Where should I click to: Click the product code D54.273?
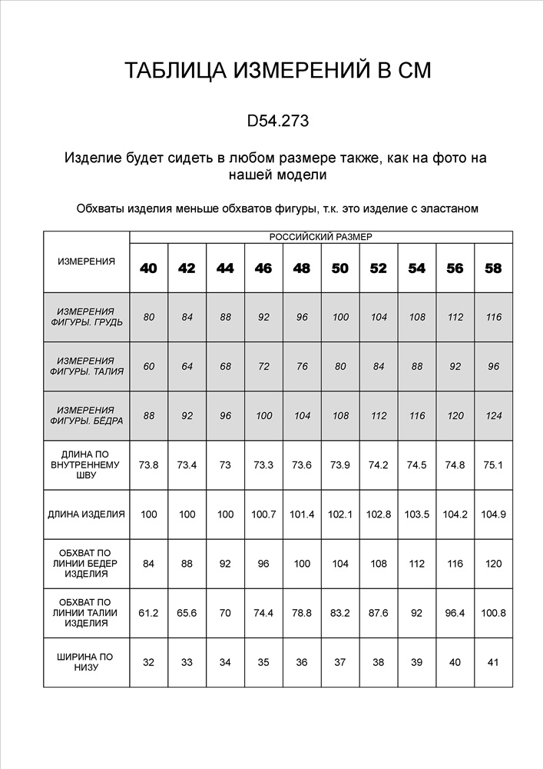278,121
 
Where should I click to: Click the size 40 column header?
148,268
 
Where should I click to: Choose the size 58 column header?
493,268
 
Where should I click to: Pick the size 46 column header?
263,268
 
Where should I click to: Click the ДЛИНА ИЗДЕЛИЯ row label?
86,514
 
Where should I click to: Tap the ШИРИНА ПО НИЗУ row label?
86,662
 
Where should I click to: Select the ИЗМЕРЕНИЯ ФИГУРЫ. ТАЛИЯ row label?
86,366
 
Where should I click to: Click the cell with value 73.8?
148,465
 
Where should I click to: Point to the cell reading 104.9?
493,514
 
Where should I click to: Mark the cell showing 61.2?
148,613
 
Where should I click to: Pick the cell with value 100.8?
493,613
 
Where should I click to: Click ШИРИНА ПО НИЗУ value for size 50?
340,662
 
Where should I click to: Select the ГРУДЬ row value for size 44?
225,317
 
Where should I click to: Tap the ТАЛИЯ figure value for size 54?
417,366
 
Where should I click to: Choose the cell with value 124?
493,415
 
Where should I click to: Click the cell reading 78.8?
302,613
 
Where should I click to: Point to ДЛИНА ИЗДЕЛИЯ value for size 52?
379,514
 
